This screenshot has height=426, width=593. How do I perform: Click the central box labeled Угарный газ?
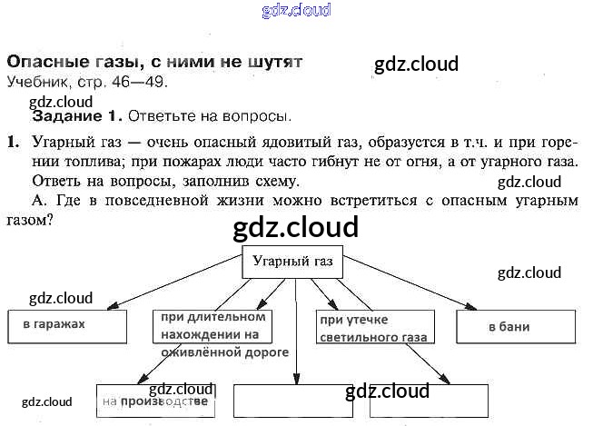coord(292,263)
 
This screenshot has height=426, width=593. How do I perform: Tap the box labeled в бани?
coord(517,325)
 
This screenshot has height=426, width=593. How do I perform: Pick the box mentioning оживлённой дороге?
coord(214,334)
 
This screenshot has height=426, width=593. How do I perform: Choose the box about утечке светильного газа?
coord(374,328)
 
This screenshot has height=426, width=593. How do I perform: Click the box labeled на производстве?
coord(155,401)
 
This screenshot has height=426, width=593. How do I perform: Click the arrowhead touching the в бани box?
coord(474,307)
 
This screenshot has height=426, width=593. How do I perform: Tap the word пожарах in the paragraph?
coord(172,162)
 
